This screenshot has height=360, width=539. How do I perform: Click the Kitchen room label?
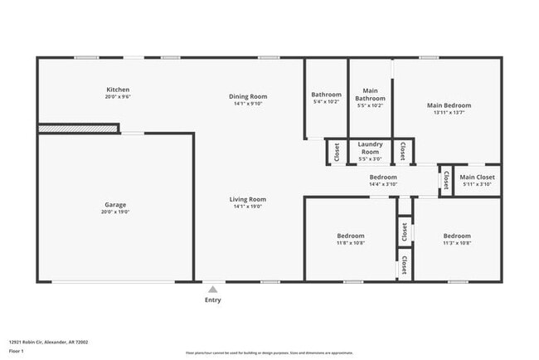pos(118,90)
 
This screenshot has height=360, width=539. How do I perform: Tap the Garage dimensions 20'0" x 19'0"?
pos(115,212)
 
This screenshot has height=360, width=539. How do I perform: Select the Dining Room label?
pos(248,96)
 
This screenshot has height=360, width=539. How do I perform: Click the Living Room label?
pos(248,199)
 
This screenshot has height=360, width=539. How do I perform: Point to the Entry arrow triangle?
pos(213,289)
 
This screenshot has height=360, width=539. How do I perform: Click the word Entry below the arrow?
pos(213,300)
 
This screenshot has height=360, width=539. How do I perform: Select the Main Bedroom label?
pos(449,105)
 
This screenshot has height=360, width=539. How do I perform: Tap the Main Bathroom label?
pos(370,95)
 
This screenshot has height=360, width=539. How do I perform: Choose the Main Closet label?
pos(478,177)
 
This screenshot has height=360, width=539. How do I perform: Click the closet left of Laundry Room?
pos(337,151)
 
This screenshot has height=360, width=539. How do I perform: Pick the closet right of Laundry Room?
pos(403,151)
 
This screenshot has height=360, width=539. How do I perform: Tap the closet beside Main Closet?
pos(445,179)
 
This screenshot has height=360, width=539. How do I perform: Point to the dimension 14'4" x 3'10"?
pos(383,184)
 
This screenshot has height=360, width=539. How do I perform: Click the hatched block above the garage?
pos(79,129)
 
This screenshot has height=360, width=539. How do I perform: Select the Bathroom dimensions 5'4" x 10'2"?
pos(326,102)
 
